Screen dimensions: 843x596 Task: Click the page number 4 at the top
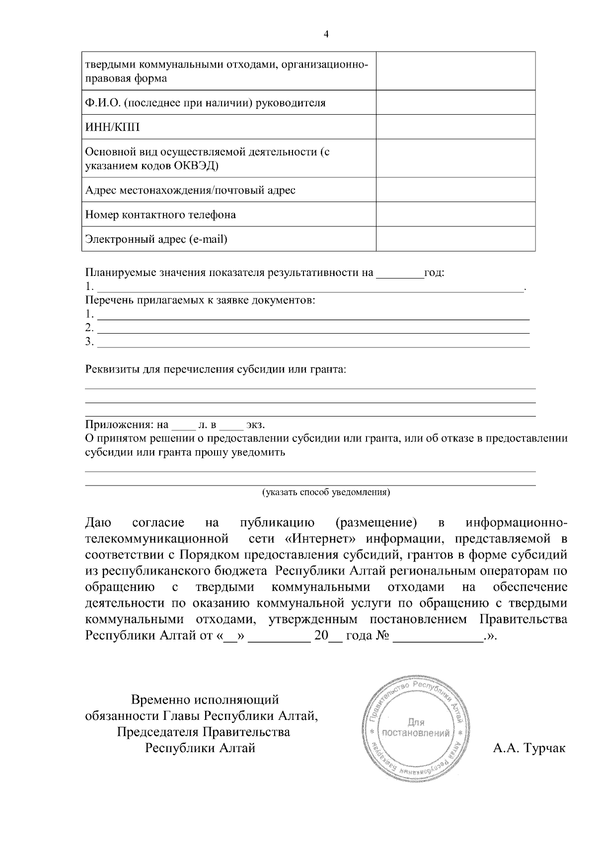point(326,34)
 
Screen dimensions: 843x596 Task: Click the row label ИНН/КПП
point(113,128)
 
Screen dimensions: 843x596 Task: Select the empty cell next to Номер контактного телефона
point(455,214)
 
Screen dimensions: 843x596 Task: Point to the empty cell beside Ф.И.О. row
point(455,103)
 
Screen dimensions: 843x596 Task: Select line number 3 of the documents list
point(89,342)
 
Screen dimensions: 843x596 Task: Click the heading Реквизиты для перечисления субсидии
point(216,370)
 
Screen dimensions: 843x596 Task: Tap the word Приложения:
point(120,425)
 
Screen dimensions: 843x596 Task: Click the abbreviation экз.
point(255,425)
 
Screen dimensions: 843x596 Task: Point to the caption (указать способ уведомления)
point(326,492)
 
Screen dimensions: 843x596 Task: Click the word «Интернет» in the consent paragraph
point(317,538)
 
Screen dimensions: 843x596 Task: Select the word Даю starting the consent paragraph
point(98,522)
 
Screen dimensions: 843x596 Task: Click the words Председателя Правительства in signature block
point(204,732)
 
